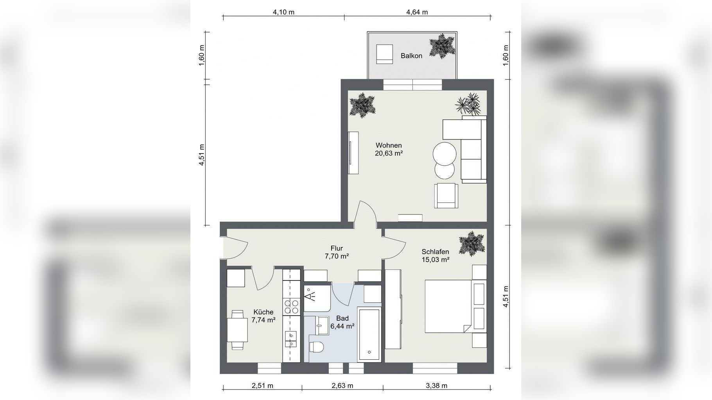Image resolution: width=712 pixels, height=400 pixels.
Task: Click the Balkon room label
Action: click(x=411, y=56)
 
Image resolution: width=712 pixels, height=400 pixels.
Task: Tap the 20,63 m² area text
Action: click(x=389, y=154)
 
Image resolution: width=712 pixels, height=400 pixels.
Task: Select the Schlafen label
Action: click(x=435, y=252)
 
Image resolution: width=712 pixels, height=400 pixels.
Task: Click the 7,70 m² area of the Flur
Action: click(x=337, y=257)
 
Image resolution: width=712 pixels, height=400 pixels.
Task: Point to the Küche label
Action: click(x=263, y=312)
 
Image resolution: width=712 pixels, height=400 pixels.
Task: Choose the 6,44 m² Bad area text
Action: click(x=343, y=326)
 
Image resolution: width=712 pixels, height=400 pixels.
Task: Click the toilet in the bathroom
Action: click(x=316, y=346)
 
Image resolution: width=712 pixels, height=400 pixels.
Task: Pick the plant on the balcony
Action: click(x=443, y=46)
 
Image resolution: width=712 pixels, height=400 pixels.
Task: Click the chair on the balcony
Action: click(x=384, y=54)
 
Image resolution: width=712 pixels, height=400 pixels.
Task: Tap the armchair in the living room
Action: click(x=446, y=195)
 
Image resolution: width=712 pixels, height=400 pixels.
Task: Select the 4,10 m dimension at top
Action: click(x=283, y=12)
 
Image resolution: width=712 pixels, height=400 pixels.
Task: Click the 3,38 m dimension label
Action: click(x=436, y=386)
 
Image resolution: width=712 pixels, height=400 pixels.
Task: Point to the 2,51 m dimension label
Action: click(x=262, y=386)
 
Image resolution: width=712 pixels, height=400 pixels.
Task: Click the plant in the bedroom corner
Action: click(x=472, y=243)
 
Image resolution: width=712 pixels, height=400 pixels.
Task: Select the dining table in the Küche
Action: click(x=237, y=330)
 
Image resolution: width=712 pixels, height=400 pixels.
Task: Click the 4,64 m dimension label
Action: click(x=417, y=12)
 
